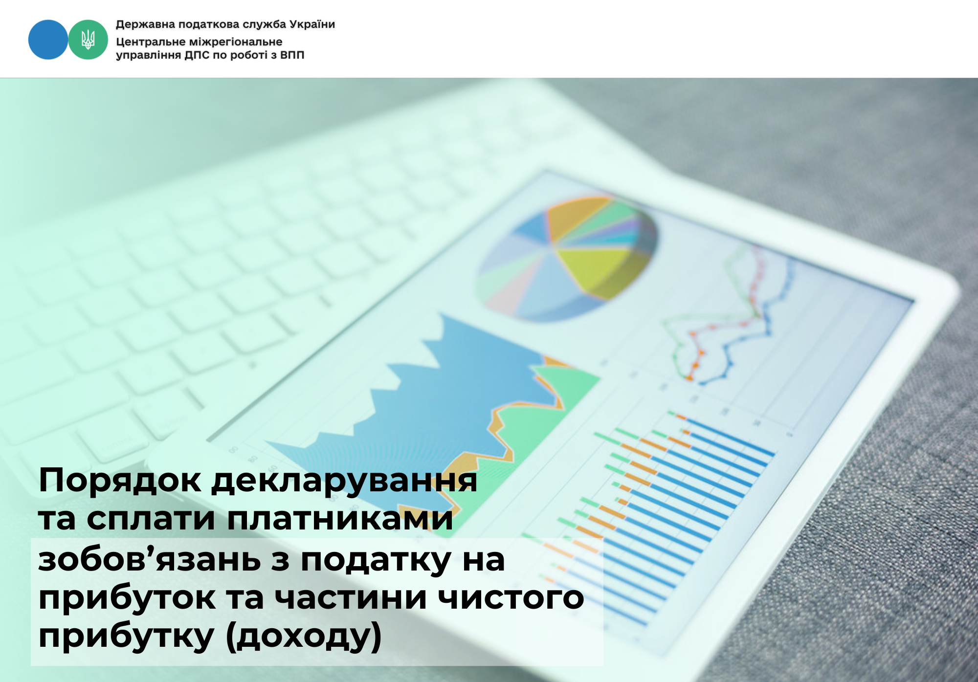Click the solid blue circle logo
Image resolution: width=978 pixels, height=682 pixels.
(x=48, y=40)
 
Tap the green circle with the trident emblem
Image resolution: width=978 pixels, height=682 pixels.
(x=88, y=40)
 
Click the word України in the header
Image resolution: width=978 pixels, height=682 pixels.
(x=312, y=24)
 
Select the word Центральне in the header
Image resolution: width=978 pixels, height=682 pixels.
(x=151, y=42)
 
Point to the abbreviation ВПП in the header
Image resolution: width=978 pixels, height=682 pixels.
(x=292, y=55)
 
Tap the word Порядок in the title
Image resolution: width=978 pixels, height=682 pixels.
(x=119, y=480)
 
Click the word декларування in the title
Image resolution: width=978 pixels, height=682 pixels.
(x=344, y=481)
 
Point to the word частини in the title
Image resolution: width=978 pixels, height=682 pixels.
(x=351, y=598)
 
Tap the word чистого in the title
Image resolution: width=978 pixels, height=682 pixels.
(x=511, y=598)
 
